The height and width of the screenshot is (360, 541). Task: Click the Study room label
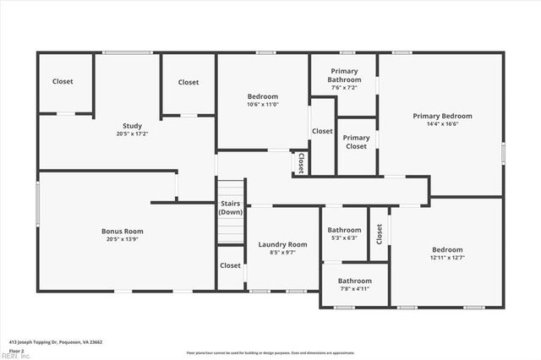click(132, 126)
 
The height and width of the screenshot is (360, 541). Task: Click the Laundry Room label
click(282, 244)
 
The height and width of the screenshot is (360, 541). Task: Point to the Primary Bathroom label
click(344, 74)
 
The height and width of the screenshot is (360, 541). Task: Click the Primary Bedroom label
click(442, 116)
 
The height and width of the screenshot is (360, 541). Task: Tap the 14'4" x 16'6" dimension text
click(442, 124)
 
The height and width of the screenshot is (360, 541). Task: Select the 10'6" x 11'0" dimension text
click(262, 104)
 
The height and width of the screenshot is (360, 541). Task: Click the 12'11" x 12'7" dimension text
click(447, 258)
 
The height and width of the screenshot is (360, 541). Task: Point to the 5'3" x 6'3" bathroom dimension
click(344, 237)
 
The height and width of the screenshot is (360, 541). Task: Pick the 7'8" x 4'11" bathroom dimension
click(354, 289)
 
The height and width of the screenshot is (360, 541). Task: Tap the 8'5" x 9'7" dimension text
click(282, 253)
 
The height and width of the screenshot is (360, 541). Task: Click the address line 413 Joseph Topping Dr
click(55, 342)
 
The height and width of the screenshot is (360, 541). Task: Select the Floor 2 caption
click(16, 350)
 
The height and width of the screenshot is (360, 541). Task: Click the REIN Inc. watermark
click(15, 356)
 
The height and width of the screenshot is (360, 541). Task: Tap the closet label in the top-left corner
click(63, 82)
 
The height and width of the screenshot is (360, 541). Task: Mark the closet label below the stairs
click(230, 265)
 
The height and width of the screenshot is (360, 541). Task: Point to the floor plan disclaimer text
click(270, 352)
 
